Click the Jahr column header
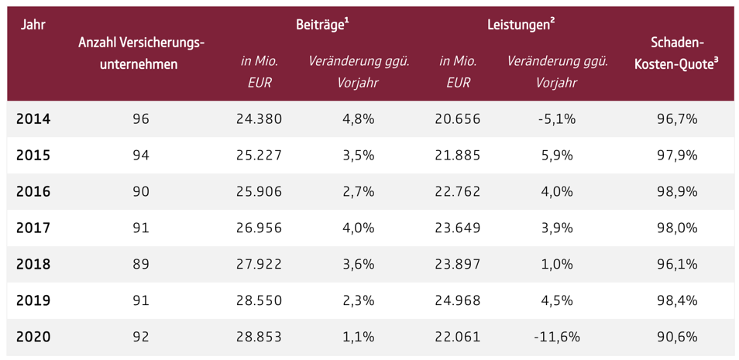click(x=33, y=25)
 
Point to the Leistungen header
click(x=521, y=26)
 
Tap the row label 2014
click(x=33, y=119)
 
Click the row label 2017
click(x=33, y=228)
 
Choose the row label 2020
click(x=33, y=337)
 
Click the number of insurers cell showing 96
click(x=141, y=119)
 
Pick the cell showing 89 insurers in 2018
click(x=141, y=264)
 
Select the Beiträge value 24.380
click(x=260, y=119)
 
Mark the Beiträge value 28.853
click(x=260, y=337)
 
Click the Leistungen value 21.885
click(x=458, y=156)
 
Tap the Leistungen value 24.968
click(x=458, y=300)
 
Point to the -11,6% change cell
click(x=557, y=337)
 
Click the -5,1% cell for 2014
click(x=557, y=119)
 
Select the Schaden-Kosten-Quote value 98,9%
click(x=677, y=192)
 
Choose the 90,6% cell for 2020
click(x=677, y=337)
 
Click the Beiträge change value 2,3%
click(x=359, y=300)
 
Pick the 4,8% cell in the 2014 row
click(x=359, y=119)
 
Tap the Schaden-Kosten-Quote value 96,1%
click(x=677, y=264)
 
